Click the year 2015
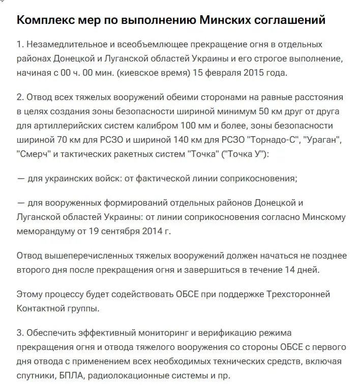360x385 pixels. [256, 73]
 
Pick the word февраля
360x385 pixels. [222, 73]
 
